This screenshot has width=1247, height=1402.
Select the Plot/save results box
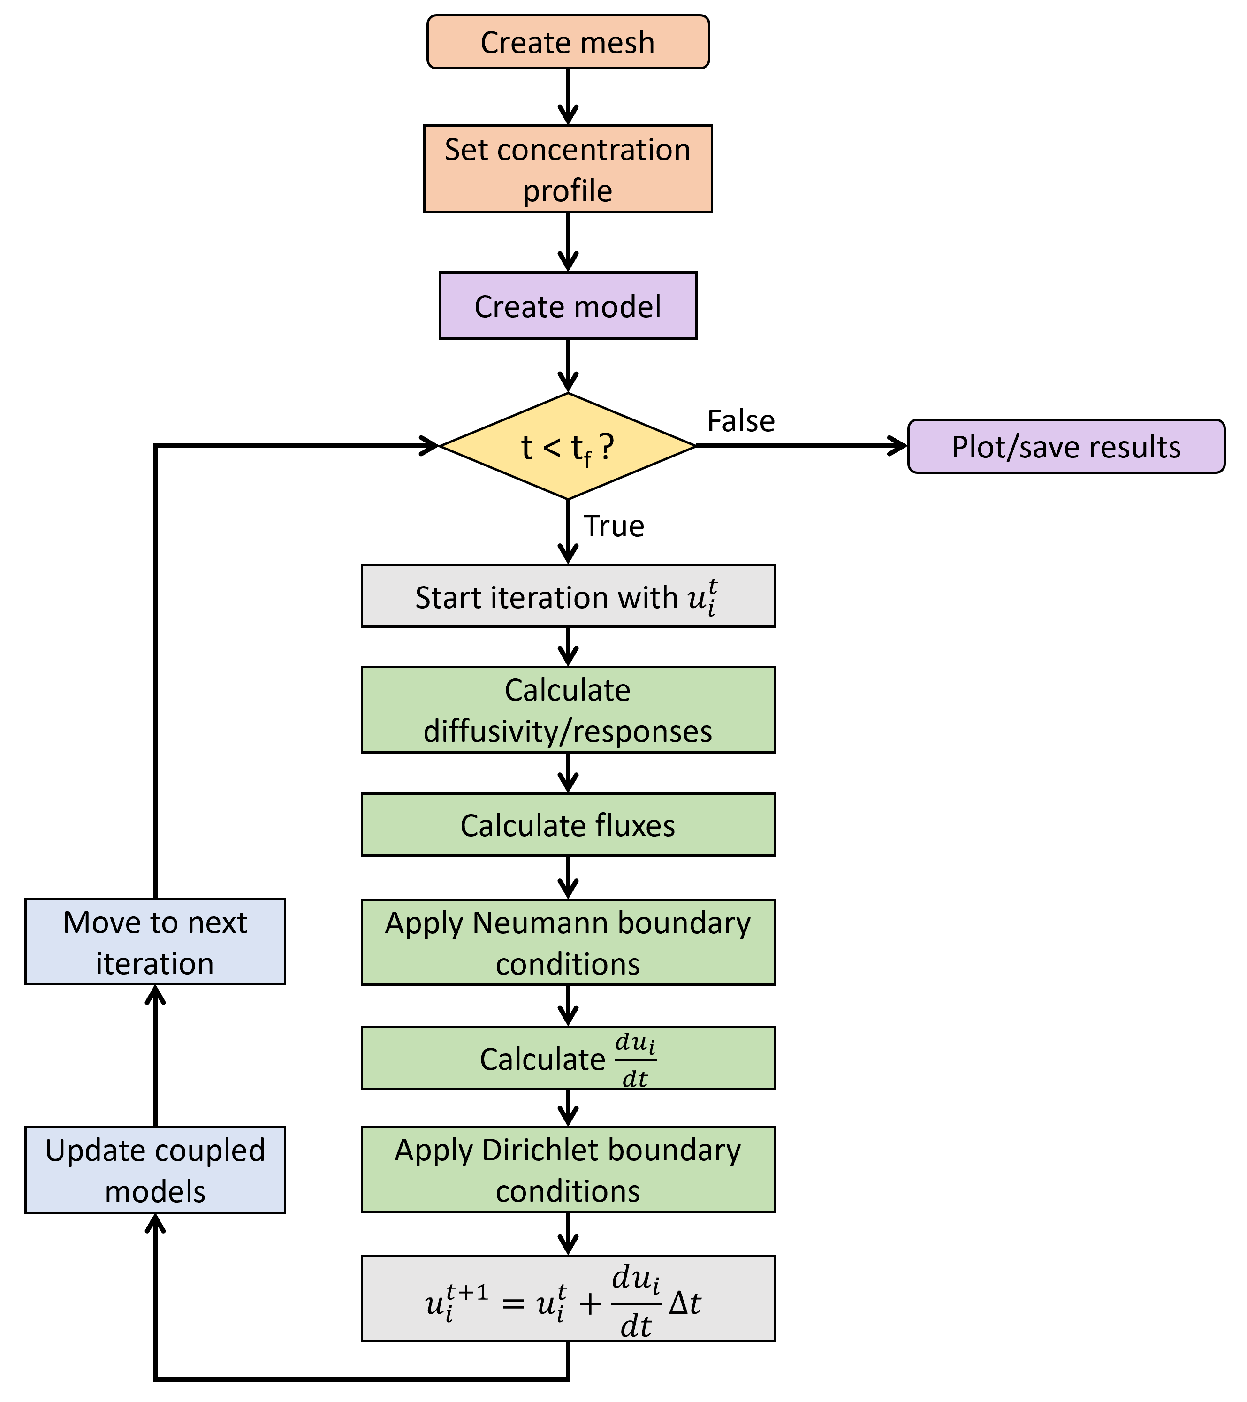tap(1065, 447)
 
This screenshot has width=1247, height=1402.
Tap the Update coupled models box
tap(155, 1170)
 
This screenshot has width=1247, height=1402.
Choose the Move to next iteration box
tap(155, 943)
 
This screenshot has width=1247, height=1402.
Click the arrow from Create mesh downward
tap(568, 96)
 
